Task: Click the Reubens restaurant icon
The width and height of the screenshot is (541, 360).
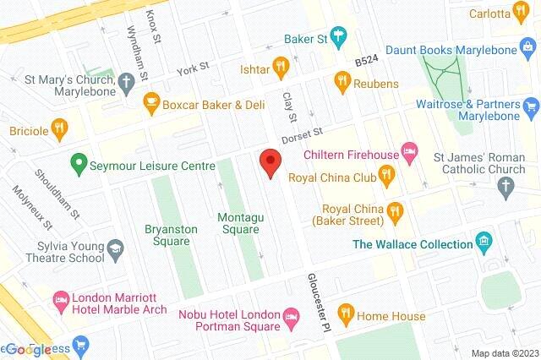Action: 342,80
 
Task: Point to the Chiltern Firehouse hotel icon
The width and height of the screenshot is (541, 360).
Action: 409,153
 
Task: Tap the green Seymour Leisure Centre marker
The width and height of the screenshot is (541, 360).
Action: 79,166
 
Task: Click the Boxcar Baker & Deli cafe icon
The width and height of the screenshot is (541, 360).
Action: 152,105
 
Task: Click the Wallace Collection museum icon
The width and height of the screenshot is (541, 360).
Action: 484,244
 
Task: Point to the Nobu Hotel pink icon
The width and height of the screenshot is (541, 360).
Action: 291,319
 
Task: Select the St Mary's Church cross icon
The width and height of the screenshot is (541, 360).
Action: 126,83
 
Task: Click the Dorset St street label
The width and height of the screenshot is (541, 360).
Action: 303,134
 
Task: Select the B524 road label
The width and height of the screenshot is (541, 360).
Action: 368,62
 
